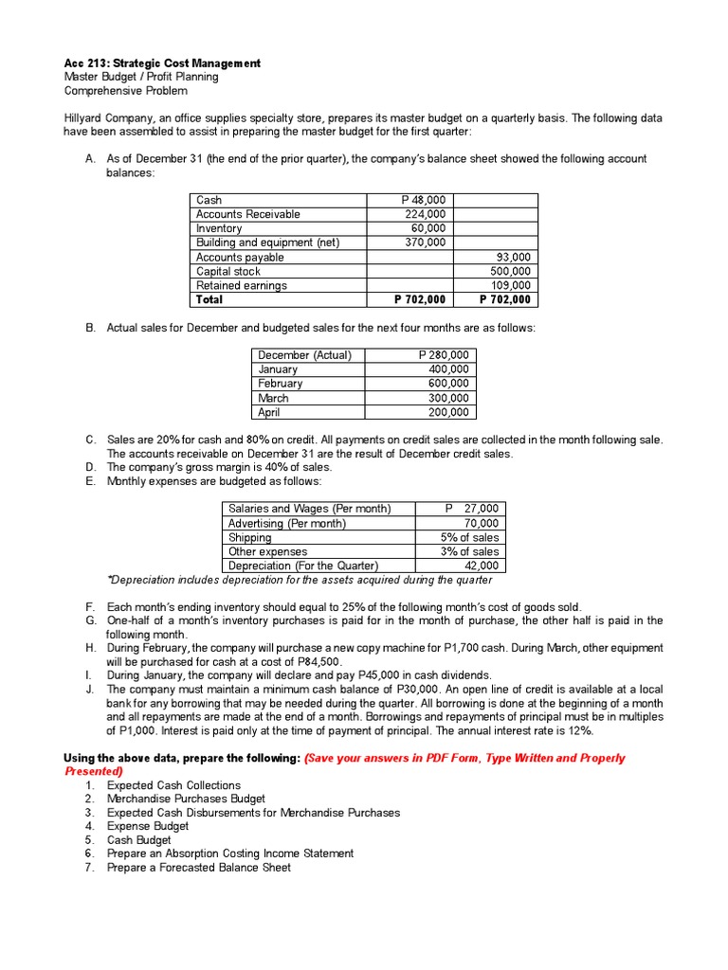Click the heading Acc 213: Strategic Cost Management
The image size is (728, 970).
[162, 63]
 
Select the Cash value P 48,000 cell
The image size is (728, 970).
[423, 200]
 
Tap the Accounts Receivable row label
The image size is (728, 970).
[247, 214]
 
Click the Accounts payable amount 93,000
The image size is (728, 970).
[514, 257]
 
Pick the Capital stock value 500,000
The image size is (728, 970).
[509, 271]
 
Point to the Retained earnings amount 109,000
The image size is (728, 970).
[509, 285]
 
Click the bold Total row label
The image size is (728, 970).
[209, 299]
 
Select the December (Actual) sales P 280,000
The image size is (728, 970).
[443, 355]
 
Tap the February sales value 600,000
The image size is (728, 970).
[447, 384]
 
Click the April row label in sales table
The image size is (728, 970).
[270, 412]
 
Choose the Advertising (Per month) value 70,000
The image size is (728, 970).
[482, 523]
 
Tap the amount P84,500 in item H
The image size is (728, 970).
[316, 661]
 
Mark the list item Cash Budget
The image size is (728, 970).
[138, 839]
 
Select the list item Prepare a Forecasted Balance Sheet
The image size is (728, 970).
[198, 867]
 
